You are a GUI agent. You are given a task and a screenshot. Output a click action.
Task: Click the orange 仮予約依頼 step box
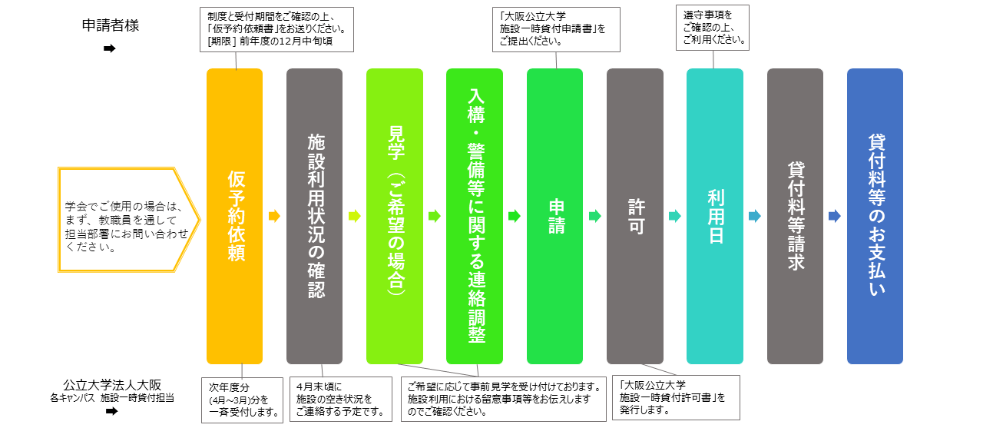pyautogui.click(x=234, y=216)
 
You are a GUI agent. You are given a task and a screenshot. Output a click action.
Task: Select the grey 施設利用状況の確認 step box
pyautogui.click(x=314, y=216)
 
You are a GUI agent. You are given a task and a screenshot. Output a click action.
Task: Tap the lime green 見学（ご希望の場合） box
pyautogui.click(x=395, y=216)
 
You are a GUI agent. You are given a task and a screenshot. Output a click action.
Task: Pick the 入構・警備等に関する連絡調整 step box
pyautogui.click(x=475, y=216)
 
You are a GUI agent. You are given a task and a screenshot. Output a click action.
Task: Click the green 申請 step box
pyautogui.click(x=554, y=216)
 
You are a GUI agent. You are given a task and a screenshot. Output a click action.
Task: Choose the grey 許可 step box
pyautogui.click(x=635, y=216)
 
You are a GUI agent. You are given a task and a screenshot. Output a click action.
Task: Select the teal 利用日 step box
pyautogui.click(x=715, y=216)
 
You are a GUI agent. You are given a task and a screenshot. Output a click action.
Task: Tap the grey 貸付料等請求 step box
pyautogui.click(x=795, y=216)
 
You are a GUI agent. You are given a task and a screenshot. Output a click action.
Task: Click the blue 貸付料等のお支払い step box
pyautogui.click(x=875, y=216)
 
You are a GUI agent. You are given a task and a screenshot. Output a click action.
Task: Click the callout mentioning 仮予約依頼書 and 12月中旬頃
pyautogui.click(x=276, y=29)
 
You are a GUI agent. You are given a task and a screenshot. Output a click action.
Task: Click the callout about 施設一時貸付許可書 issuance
pyautogui.click(x=677, y=397)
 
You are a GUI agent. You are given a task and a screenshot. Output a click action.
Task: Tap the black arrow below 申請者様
pyautogui.click(x=110, y=48)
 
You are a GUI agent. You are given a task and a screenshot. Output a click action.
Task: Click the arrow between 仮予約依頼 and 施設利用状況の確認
pyautogui.click(x=274, y=217)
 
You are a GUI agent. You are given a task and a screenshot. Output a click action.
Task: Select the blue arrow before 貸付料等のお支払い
pyautogui.click(x=835, y=217)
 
